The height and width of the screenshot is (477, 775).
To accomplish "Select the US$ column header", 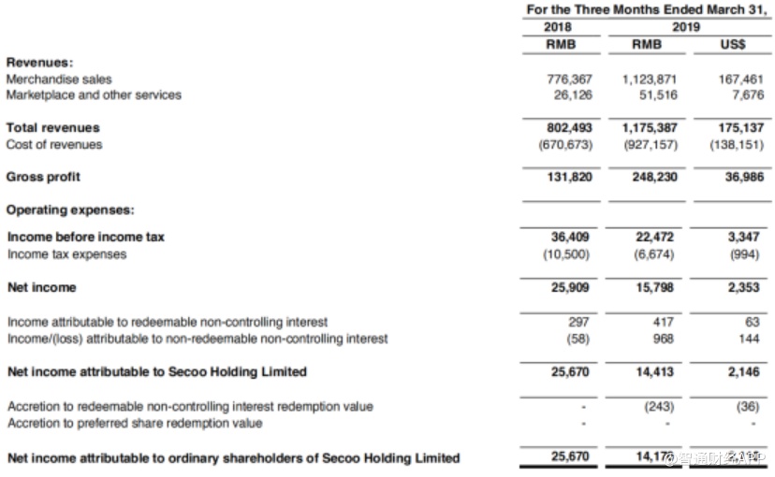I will [x=733, y=44].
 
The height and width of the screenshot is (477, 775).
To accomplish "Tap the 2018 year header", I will [x=559, y=27].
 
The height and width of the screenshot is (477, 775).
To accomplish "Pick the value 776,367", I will [x=569, y=79].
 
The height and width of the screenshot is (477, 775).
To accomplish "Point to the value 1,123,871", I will [x=650, y=79].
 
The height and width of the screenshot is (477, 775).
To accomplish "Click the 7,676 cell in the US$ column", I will [x=747, y=94].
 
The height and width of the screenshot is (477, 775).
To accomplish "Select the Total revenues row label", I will [x=53, y=127].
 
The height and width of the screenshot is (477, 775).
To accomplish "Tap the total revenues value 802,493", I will [x=569, y=127].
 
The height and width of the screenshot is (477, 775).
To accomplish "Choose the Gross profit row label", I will [x=43, y=177].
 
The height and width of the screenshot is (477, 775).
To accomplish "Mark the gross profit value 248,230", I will [x=654, y=177].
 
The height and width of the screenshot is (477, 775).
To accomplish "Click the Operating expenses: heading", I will [x=70, y=210].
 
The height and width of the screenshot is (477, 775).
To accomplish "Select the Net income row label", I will [x=41, y=287].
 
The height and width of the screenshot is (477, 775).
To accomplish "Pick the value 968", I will [x=663, y=338].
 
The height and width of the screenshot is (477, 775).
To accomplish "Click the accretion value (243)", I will [x=660, y=406].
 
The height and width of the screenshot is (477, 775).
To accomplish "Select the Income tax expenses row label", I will [x=66, y=253].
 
